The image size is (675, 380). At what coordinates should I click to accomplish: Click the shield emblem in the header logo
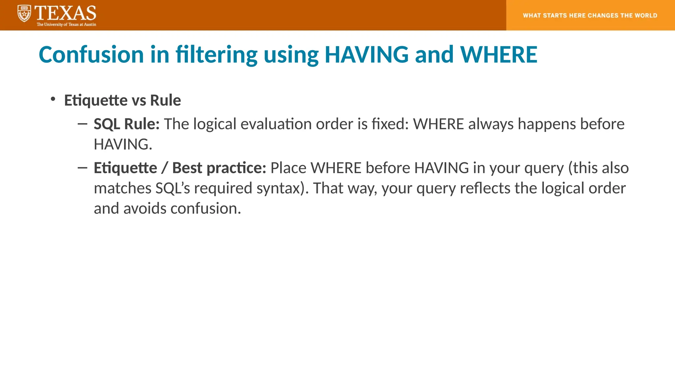coord(24,14)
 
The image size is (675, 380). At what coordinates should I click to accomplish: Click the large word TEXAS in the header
coord(65,13)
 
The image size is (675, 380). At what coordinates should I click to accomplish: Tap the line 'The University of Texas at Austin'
coord(66,24)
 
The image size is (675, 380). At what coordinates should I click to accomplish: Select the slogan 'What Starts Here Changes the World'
coord(590,16)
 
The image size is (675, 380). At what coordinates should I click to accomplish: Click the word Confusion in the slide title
coord(91,54)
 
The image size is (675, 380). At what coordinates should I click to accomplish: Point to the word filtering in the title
coord(216,54)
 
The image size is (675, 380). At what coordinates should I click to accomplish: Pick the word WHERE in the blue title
coord(498,54)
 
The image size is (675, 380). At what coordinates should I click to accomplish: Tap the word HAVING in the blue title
coord(367,54)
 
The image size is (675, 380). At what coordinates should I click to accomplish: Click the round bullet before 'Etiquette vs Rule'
coord(53,99)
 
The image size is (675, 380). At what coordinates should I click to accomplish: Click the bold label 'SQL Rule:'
coord(127,124)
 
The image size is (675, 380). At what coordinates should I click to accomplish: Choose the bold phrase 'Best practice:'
coord(219,168)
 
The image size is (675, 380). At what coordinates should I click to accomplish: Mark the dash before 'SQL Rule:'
coord(82,124)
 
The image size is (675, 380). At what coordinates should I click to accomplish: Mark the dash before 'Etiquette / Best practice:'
coord(82,168)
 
